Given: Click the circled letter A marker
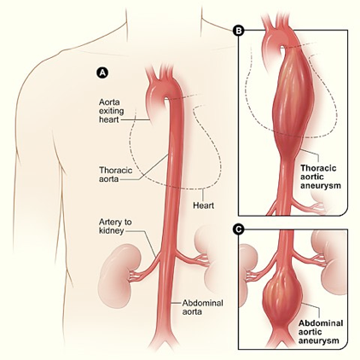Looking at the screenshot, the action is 102,73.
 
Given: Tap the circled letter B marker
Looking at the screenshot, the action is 238,31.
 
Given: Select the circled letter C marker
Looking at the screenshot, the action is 238,229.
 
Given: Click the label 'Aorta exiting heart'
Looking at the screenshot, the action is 109,111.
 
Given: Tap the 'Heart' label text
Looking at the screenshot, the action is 203,205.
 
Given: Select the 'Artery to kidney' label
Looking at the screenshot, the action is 115,226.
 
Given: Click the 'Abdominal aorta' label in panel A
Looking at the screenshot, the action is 202,307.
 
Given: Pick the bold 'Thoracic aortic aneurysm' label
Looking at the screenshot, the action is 321,177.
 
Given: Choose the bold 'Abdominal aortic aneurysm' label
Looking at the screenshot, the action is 321,332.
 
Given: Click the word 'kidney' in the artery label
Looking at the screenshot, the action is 111,230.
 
